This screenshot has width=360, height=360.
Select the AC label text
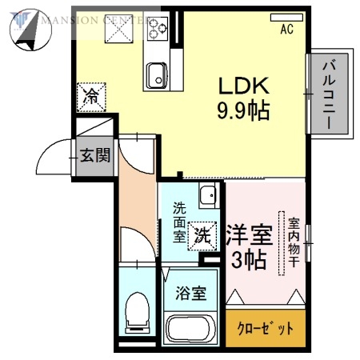click(x=286, y=31)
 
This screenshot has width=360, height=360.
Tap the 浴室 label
click(x=192, y=292)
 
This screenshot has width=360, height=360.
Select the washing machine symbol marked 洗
click(x=203, y=235)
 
